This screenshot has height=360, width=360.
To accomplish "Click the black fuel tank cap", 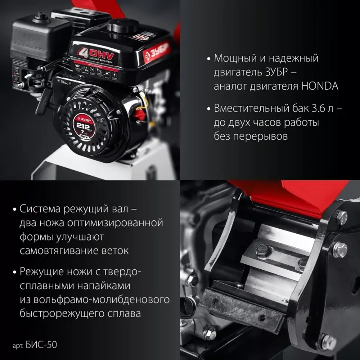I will [123, 26].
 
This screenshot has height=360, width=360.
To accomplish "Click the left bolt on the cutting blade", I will [264, 251].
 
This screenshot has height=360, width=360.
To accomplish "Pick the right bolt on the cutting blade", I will [302, 264].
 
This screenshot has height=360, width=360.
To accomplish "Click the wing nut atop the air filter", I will [41, 17].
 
